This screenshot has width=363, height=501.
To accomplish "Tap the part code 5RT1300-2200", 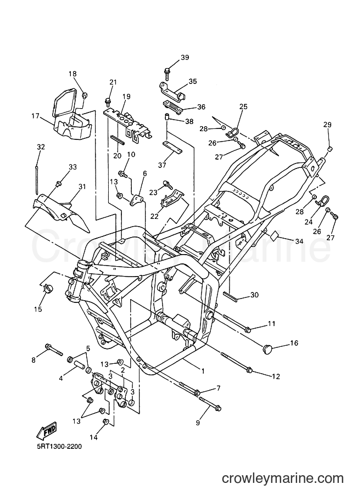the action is tap(59, 446).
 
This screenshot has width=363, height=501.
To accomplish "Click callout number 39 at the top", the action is tap(185, 58).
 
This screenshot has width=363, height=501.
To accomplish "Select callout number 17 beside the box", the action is tap(35, 116).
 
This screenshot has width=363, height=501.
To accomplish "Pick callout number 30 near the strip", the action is tap(255, 295).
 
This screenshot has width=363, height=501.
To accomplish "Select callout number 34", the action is tap(299, 241).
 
